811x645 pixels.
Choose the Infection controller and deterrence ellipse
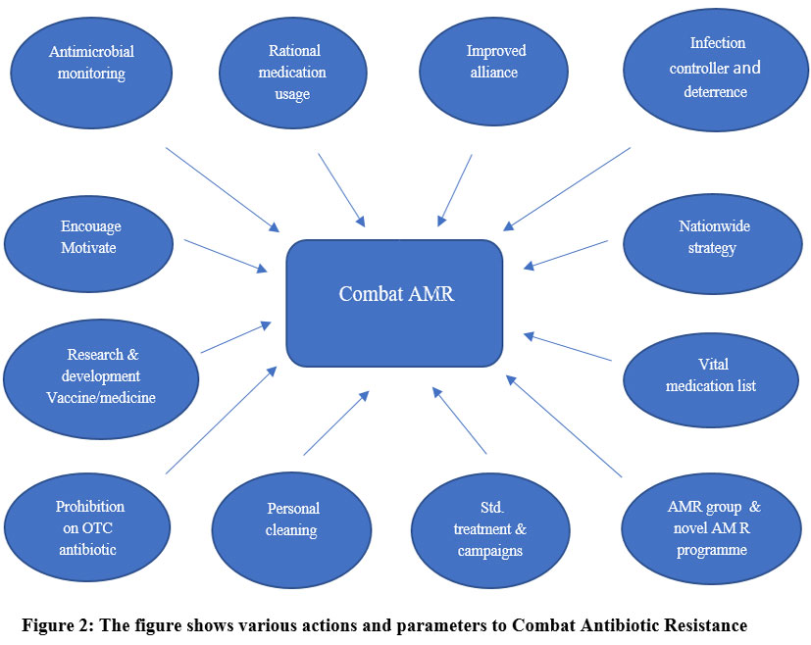click(x=718, y=68)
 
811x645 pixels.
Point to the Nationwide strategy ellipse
click(x=706, y=237)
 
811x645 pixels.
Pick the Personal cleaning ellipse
click(x=291, y=520)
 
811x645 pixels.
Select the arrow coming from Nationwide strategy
click(x=572, y=254)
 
